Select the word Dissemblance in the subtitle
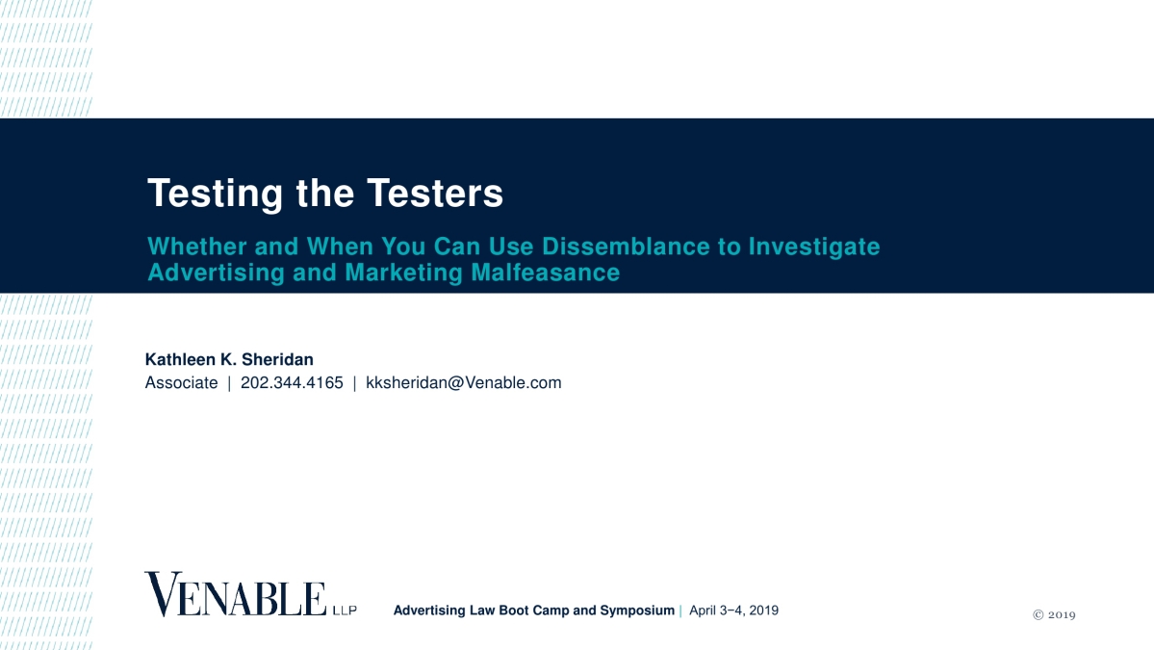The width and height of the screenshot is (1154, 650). (627, 247)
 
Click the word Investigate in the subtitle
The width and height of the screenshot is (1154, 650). (814, 247)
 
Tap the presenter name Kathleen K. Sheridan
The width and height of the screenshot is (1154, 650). (229, 359)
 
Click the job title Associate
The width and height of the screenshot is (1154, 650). (181, 382)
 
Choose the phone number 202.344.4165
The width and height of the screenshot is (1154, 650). (292, 382)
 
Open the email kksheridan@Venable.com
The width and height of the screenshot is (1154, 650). (464, 382)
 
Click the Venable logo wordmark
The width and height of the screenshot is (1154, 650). (236, 593)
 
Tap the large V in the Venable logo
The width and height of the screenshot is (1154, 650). (162, 593)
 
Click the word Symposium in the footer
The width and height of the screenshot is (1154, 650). (637, 611)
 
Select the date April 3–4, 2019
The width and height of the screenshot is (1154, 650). (733, 611)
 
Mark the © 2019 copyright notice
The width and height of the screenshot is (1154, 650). (1055, 614)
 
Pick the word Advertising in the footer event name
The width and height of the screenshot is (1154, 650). (430, 611)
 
